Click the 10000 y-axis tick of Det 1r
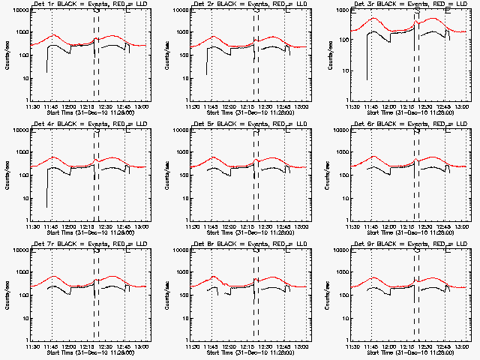click(x=18, y=10)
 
